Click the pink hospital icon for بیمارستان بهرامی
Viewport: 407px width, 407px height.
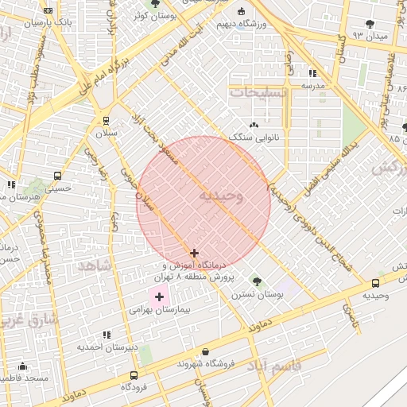[x=159, y=297]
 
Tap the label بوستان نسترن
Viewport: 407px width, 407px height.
[x=258, y=294]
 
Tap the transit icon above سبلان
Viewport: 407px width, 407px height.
[x=106, y=121]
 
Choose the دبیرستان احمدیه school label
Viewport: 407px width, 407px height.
[x=107, y=347]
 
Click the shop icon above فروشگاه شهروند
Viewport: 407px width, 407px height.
[x=206, y=351]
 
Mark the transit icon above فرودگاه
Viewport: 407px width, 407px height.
[x=133, y=374]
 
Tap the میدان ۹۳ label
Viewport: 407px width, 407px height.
[x=370, y=36]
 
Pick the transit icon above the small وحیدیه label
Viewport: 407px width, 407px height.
[x=375, y=283]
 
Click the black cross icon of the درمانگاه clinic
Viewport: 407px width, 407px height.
[x=194, y=253]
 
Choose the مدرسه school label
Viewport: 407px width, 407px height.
[x=312, y=84]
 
